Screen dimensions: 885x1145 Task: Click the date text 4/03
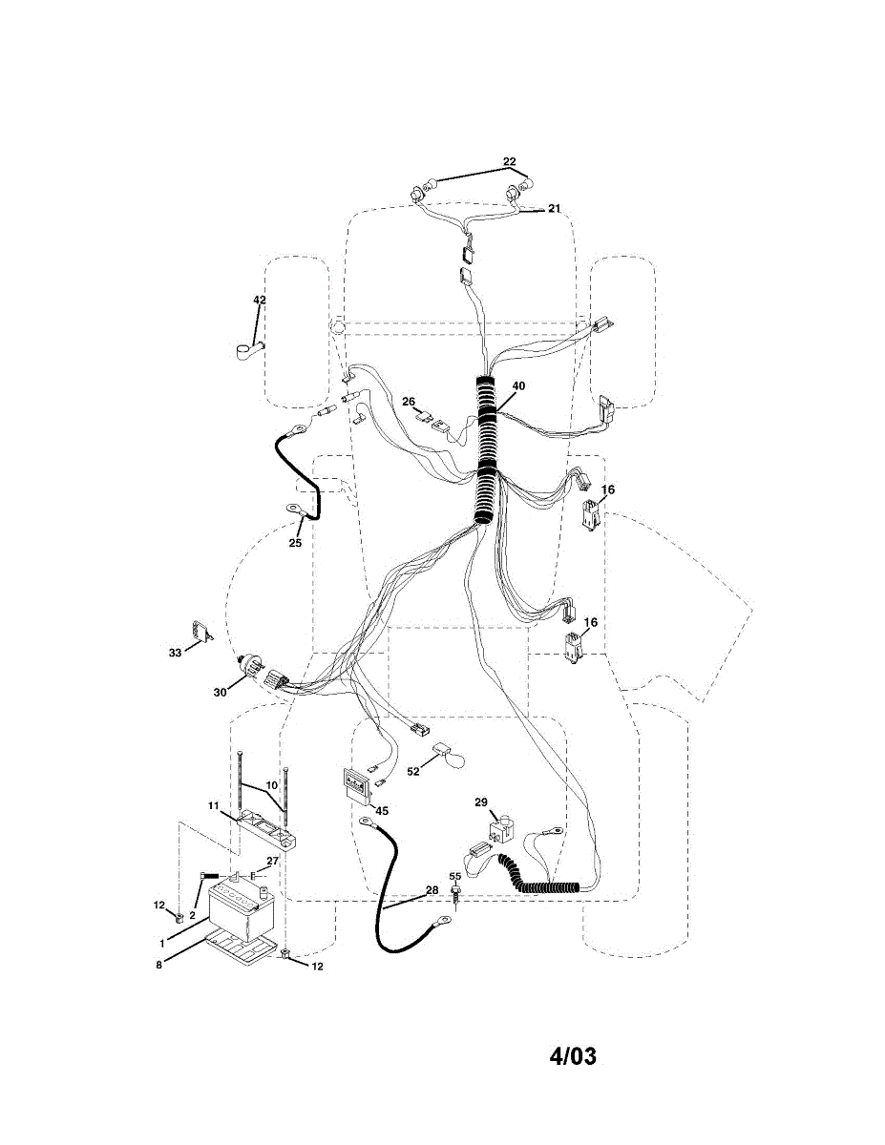573,1057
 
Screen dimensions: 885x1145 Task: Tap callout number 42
259,300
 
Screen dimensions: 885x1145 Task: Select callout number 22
509,161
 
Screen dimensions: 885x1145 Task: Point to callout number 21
554,209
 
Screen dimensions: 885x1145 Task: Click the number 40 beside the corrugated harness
518,385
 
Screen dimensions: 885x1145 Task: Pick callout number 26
409,402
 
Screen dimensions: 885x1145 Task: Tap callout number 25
295,543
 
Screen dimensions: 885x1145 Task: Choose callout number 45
382,810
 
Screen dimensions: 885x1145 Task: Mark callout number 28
432,889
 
